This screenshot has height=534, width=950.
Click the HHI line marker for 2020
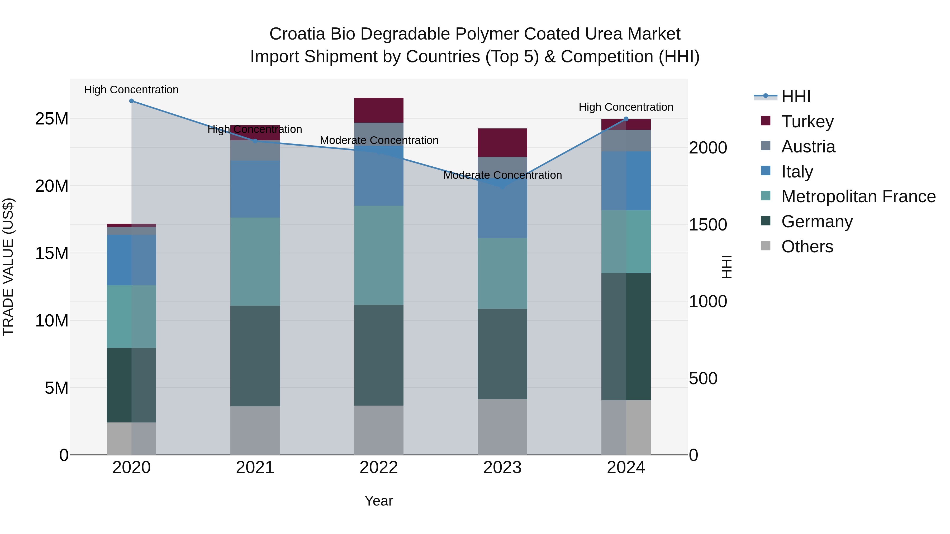pos(131,101)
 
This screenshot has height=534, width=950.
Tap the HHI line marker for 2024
pos(626,119)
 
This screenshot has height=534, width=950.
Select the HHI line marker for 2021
pos(255,141)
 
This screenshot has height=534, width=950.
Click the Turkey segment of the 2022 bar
pos(379,110)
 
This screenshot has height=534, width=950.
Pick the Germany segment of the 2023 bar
pos(502,354)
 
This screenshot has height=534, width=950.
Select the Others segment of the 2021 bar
pos(255,430)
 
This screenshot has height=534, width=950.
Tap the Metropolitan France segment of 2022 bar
pos(379,255)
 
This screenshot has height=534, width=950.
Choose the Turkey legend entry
pos(807,122)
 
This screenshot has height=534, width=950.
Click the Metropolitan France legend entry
pos(858,196)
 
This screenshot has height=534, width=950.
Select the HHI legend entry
pos(796,97)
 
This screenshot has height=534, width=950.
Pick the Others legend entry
pos(807,247)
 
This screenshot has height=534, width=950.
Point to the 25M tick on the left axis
pos(52,119)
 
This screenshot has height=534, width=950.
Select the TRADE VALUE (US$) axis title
pos(8,267)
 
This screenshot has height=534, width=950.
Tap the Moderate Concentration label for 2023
pos(502,175)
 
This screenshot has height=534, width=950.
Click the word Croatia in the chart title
pos(297,34)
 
